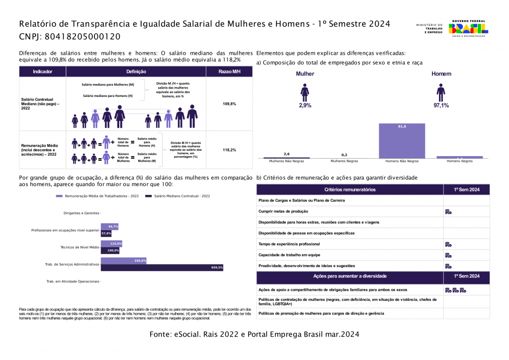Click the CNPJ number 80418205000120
(83, 37)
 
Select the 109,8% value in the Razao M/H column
(229, 104)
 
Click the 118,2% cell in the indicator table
(229, 150)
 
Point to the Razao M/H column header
(229, 72)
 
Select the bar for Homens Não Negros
(402, 141)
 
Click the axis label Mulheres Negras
(344, 162)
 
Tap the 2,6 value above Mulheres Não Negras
(287, 154)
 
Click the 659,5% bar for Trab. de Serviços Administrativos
(162, 268)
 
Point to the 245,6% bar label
(140, 261)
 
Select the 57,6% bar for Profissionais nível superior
(106, 233)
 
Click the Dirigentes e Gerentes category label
(82, 213)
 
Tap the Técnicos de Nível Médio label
(80, 247)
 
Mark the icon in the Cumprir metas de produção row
(448, 212)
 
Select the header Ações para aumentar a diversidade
(350, 276)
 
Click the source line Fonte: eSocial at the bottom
(254, 335)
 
